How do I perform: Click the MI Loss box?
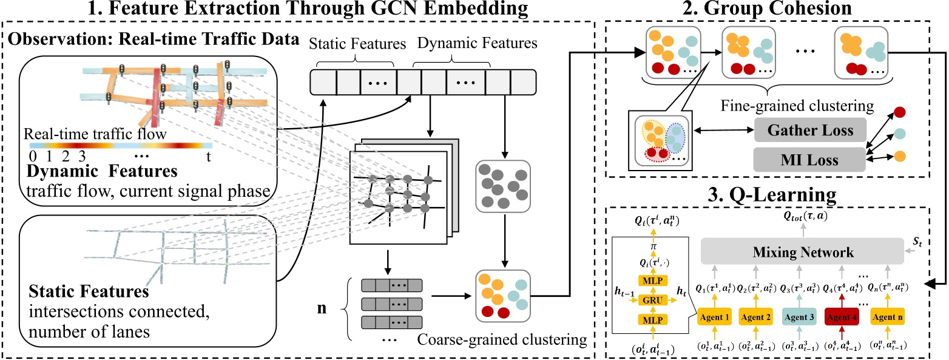coord(809,160)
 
